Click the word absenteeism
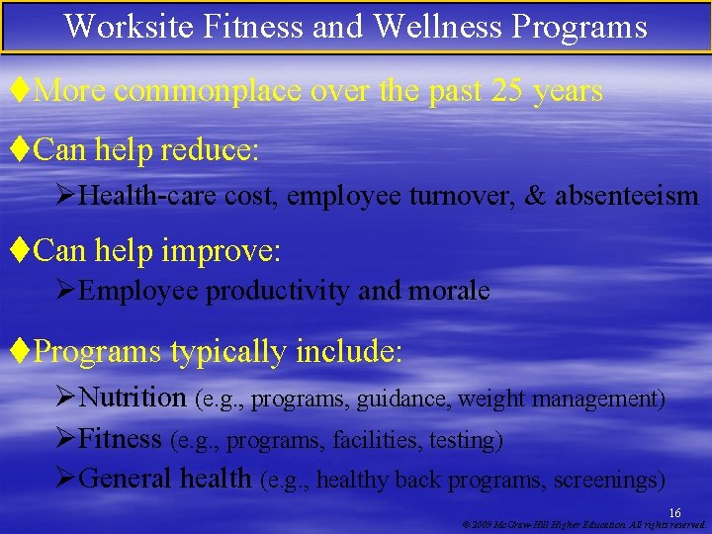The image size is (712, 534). coord(626,196)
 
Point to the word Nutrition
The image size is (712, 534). coord(133,398)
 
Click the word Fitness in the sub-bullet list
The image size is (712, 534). coord(120,438)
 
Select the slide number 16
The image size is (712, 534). coord(674,511)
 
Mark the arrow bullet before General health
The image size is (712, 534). coord(66,479)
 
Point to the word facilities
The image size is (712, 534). coord(377,439)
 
